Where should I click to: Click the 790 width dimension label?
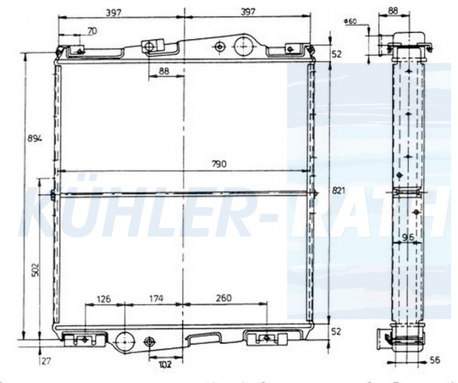[218, 164]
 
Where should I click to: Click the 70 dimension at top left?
[92, 29]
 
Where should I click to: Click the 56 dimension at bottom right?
[434, 361]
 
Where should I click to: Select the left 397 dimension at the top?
[115, 11]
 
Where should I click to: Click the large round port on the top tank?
[243, 45]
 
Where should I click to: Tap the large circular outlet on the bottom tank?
[123, 340]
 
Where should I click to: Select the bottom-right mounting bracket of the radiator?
[263, 338]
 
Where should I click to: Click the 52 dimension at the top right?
[337, 54]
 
